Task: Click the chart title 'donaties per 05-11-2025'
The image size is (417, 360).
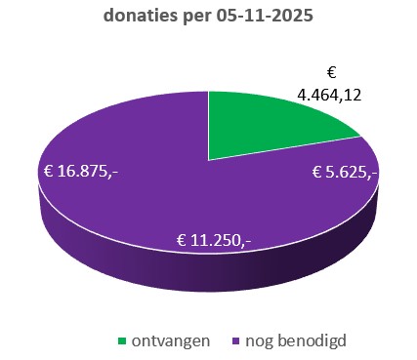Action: [209, 17]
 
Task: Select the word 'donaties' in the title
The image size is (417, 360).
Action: [140, 17]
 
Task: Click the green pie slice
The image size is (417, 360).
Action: [264, 132]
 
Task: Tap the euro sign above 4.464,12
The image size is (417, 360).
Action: [330, 73]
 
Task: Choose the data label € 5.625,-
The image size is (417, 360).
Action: [346, 173]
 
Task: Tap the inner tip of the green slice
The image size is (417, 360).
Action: [211, 157]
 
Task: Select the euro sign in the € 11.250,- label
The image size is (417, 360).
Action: [181, 239]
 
